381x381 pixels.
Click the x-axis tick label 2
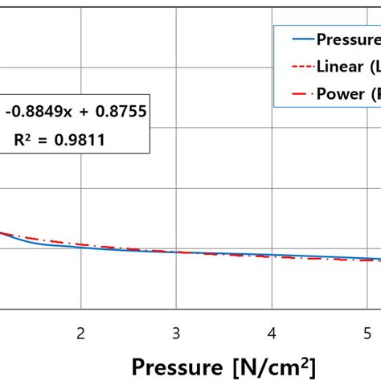[80, 333]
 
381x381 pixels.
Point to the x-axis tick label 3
[176, 333]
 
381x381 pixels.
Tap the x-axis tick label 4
[272, 333]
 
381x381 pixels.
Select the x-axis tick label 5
[368, 333]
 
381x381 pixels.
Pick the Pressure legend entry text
[348, 39]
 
